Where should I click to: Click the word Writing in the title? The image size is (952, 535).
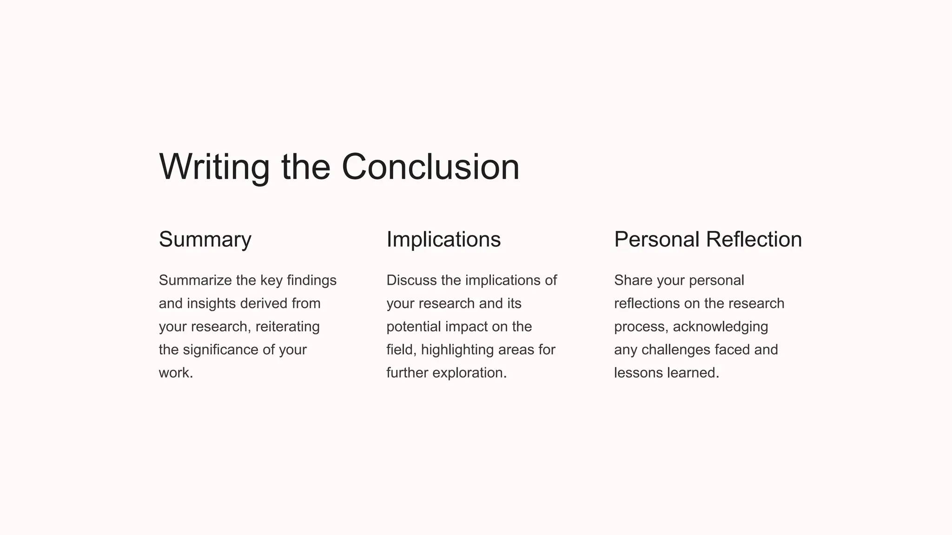pos(214,167)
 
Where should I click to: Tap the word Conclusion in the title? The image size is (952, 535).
pos(430,167)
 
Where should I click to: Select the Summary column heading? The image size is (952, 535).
pos(205,240)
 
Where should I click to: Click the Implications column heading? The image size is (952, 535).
pos(443,240)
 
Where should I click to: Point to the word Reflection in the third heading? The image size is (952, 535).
pos(754,240)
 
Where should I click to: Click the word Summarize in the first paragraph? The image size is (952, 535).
pos(195,281)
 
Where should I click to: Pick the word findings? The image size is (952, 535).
pos(311,281)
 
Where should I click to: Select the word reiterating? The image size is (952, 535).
pos(287,327)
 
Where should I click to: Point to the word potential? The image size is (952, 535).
pos(414,327)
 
